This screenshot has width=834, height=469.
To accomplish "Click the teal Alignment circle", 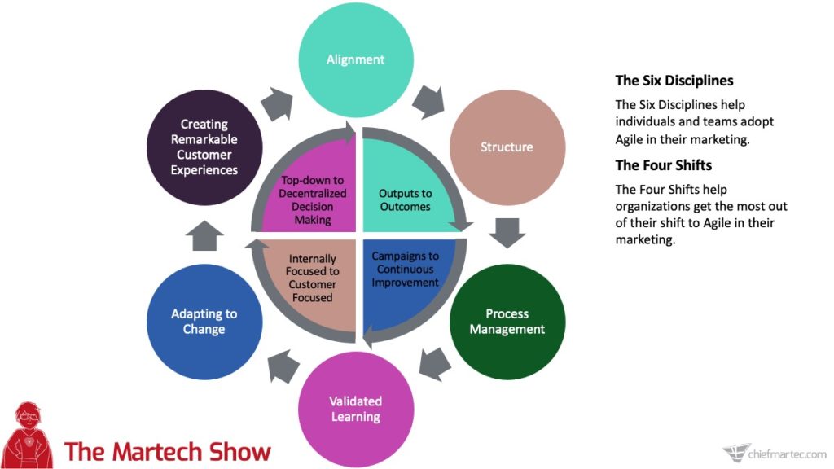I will coord(355,59).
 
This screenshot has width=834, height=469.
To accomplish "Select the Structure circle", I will coord(507,147).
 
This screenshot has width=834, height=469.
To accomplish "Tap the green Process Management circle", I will coord(507,322).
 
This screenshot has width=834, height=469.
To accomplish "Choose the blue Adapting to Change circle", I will coord(204,322).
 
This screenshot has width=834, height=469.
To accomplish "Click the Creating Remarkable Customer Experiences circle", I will coord(204,147).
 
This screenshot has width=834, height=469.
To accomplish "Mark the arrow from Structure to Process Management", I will coord(507,231).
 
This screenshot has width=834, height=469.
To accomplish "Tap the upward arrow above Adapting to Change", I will coord(203,237).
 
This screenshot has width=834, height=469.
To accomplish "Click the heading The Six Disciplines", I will coord(674,81).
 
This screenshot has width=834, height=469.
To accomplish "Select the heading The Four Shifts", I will coord(664,165).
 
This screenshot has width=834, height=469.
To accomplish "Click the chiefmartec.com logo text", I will coord(787,452).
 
